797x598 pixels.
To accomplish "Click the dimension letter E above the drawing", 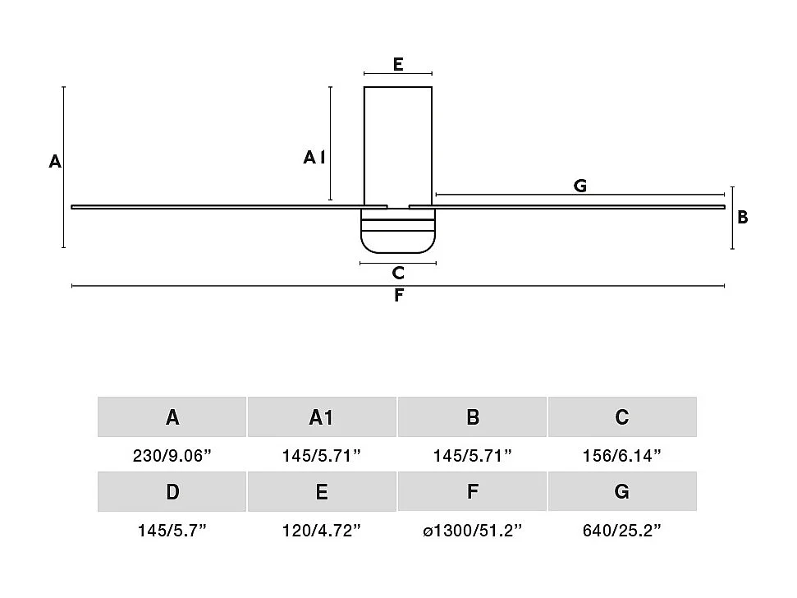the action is coord(398,64).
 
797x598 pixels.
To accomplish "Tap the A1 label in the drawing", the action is coord(314,157).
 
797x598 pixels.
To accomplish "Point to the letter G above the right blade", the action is coord(580,186).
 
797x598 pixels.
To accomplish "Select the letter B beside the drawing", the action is coord(743,217).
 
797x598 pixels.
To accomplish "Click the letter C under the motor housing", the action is coord(398,273).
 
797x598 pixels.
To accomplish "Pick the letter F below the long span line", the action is coord(399,295).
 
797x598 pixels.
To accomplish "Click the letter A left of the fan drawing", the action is coord(55,161).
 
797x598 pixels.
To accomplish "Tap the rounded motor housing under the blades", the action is coord(398,232).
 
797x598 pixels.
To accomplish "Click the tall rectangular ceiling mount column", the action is coord(398,146).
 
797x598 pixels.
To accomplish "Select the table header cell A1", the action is coord(322,417).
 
